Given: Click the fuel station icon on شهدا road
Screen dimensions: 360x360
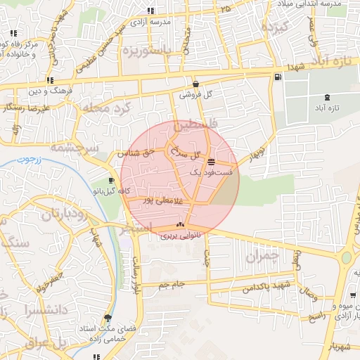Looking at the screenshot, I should tap(279, 77).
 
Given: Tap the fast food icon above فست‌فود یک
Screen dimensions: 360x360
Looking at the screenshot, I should tap(211, 162).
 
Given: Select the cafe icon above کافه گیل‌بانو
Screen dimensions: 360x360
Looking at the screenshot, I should tap(113, 181).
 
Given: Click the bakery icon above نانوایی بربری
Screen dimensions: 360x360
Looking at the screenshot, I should tap(180, 225).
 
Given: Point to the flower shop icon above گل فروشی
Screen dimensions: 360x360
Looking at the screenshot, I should tap(186, 84).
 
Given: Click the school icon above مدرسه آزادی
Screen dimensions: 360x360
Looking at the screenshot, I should tap(150, 11).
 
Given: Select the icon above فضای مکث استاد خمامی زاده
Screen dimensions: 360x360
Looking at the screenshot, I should tap(108, 318).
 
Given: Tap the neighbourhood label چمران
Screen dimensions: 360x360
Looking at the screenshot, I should tap(262, 257).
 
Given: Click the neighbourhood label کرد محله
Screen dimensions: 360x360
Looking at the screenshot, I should tap(107, 109).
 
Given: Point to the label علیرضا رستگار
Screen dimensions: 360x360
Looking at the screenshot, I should tap(27, 108).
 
